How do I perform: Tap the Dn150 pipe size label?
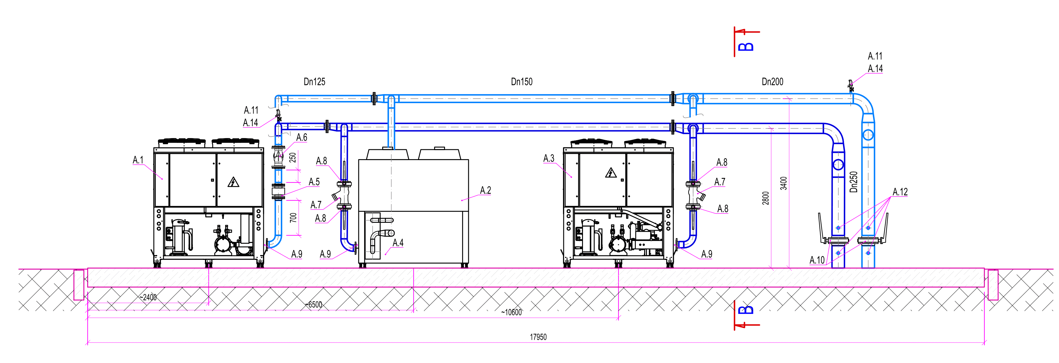coord(521,82)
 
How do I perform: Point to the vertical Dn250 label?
coord(854,182)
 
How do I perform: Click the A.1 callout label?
coord(138,160)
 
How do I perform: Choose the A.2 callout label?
coord(485,190)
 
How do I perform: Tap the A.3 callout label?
coord(549,158)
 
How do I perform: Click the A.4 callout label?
coord(398,243)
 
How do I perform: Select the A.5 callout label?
coord(314,182)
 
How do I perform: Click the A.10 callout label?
coord(817,260)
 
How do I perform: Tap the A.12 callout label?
coord(900,192)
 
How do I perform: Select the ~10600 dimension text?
coord(511,312)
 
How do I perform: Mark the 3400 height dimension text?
coord(784,183)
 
